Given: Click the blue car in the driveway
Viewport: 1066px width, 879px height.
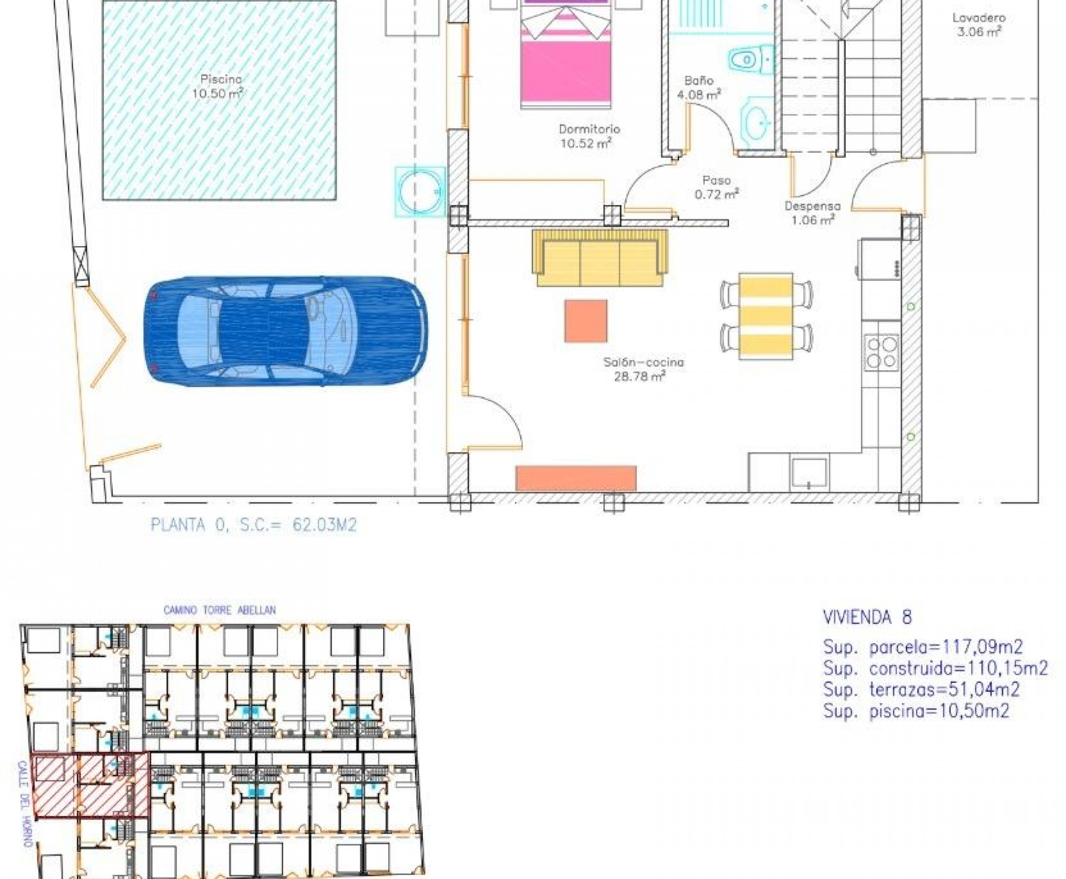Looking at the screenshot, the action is pos(286,331).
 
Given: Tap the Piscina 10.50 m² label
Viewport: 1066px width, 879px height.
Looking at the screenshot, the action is pos(218,86).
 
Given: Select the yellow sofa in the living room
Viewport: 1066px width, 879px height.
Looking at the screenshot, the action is pos(600,258).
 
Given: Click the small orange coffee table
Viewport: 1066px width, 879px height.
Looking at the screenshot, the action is pos(586,321).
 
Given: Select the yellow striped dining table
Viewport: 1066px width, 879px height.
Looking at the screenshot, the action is pos(766,316).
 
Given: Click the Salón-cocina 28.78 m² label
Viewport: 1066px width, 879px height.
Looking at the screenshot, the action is pos(643,369).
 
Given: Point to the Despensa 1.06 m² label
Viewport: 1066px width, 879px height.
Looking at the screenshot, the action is pos(812,213).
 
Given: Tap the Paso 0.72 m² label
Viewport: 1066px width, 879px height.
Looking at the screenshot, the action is pos(717,187).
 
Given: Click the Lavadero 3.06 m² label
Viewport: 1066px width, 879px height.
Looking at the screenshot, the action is pos(979,25).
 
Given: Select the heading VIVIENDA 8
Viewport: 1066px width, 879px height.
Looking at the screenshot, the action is pos(868,618).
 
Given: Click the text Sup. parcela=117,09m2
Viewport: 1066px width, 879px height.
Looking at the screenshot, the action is pos(923,647).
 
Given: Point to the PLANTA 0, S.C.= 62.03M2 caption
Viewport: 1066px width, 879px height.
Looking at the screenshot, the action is pos(254,525).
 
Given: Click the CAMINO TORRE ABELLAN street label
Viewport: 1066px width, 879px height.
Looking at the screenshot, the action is pos(219,611).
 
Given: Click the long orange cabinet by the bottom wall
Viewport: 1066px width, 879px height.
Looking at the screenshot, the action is pos(576,478).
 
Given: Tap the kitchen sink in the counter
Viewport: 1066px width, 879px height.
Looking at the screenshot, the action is pos(809,475).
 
